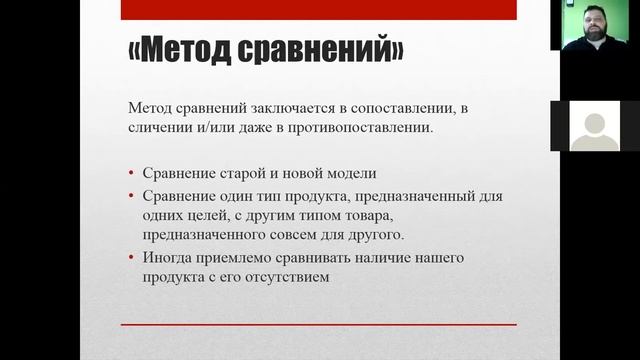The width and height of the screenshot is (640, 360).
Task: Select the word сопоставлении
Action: [397, 109]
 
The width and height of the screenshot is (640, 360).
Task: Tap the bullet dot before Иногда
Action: [134, 259]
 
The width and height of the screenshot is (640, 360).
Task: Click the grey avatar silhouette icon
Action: [593, 127]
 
